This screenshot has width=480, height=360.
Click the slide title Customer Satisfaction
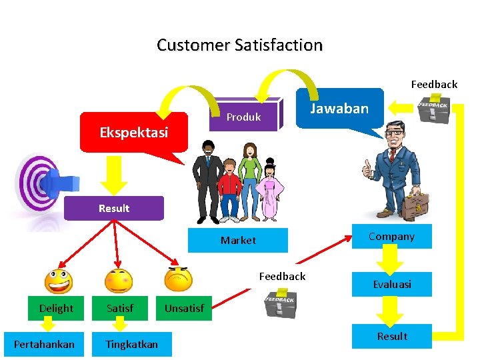pos(239,45)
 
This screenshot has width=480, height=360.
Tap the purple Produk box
pos(244,117)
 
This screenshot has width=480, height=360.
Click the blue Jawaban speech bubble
pos(340,109)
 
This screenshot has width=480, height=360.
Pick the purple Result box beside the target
pos(113,208)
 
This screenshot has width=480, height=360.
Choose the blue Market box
pos(238,240)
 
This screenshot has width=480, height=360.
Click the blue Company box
pos(391,237)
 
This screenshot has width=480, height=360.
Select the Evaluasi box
pos(391,284)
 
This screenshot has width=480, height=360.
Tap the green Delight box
pos(57,308)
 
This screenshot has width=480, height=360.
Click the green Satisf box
pos(120,308)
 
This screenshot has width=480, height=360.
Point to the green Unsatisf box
pos(184,308)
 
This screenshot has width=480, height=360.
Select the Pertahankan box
pos(44,344)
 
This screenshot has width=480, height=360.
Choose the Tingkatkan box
pos(131,344)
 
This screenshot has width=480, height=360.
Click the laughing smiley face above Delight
pos(58,281)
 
